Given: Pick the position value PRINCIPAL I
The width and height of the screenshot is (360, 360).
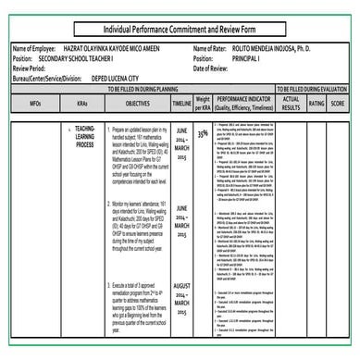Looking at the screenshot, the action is point(246,56).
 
